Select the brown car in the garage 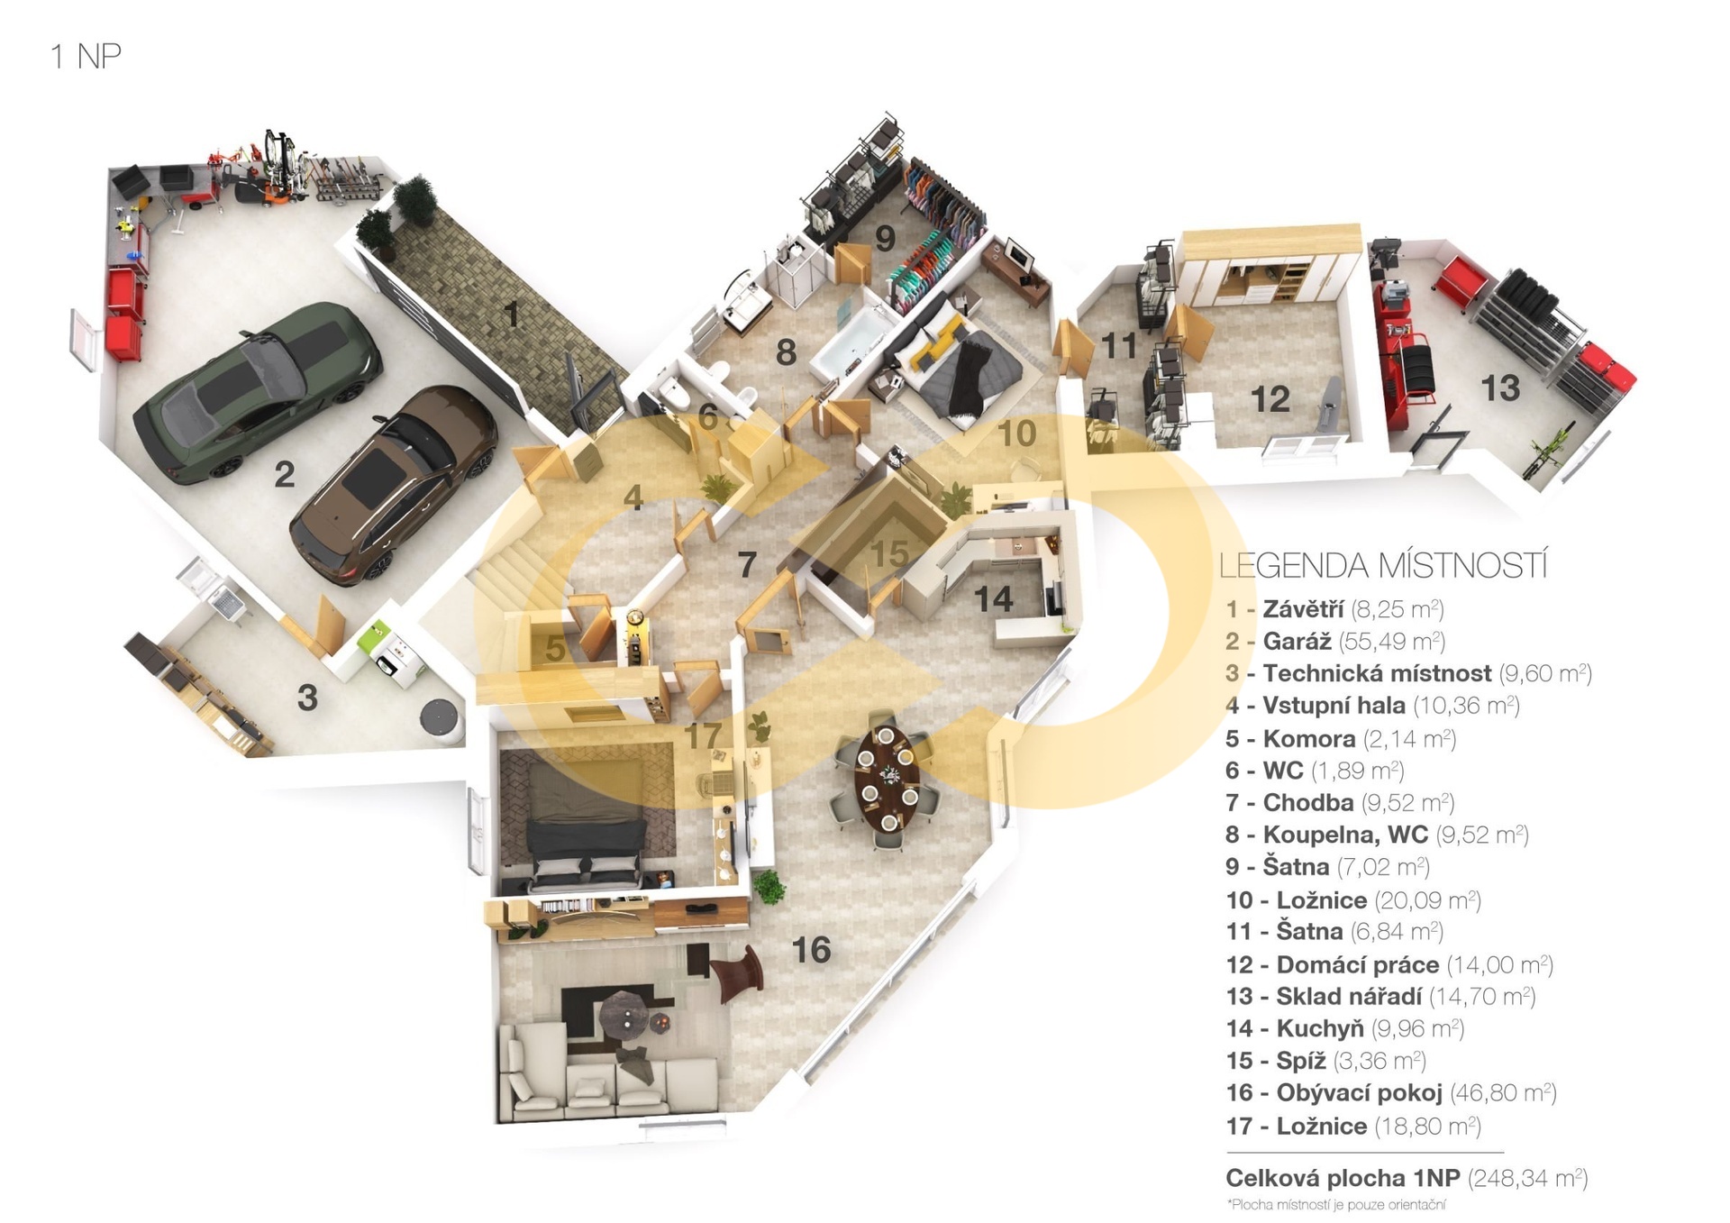[393, 485]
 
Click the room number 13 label [1500, 388]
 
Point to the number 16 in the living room [811, 949]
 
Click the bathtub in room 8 [851, 342]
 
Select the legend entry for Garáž [1335, 641]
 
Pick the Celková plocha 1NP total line [1407, 1177]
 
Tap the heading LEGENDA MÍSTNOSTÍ [1383, 566]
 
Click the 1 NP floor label [86, 56]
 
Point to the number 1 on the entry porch [512, 314]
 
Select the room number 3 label [307, 697]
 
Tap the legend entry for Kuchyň [1344, 1028]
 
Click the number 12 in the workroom [1270, 398]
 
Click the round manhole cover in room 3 [440, 716]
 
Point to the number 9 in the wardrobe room [886, 237]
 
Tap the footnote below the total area [1335, 1205]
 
